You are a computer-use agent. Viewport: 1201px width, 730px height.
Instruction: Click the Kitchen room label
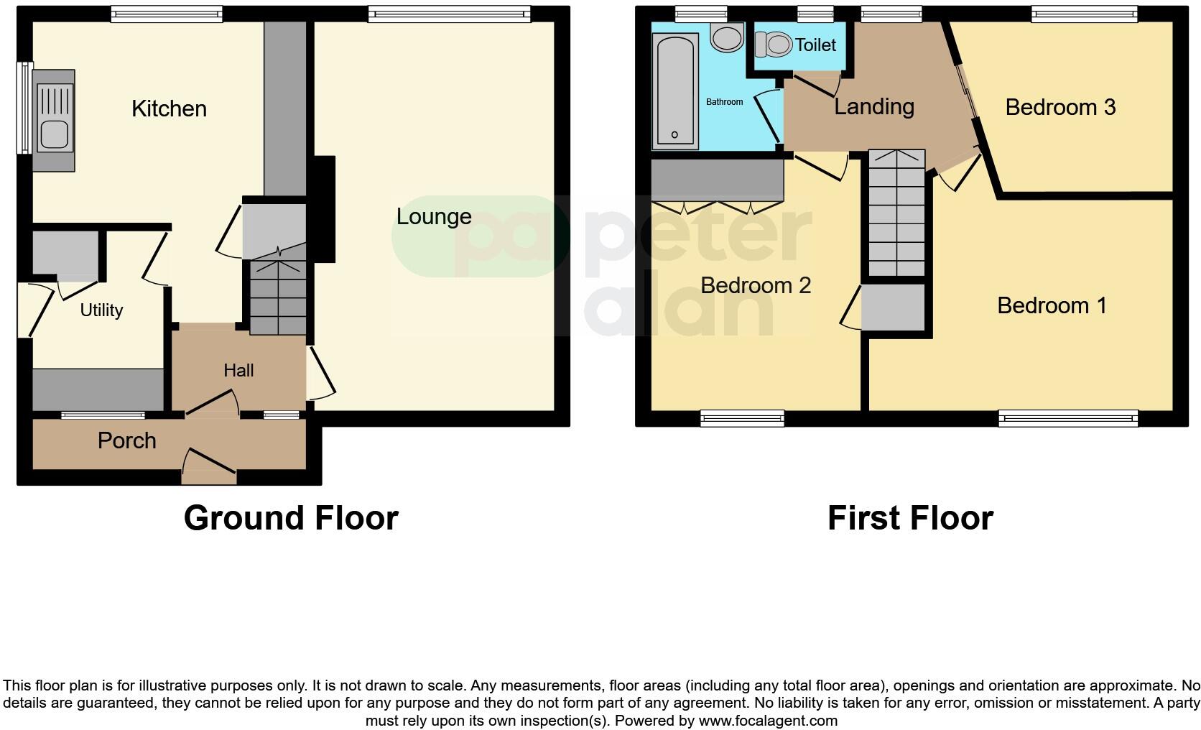pyautogui.click(x=169, y=108)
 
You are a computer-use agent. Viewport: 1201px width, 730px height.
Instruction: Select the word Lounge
pyautogui.click(x=434, y=216)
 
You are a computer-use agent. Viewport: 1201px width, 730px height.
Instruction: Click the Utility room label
pyautogui.click(x=101, y=310)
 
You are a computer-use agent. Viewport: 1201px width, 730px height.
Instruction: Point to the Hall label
pyautogui.click(x=238, y=370)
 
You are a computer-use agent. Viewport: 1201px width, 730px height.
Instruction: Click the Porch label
pyautogui.click(x=127, y=440)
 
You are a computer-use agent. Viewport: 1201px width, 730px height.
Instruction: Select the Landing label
pyautogui.click(x=873, y=106)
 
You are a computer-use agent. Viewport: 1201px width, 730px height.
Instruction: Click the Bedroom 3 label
pyautogui.click(x=1060, y=107)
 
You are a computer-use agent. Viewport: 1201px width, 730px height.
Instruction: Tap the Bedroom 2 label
pyautogui.click(x=756, y=285)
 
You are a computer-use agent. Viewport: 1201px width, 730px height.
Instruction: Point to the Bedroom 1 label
pyautogui.click(x=1052, y=305)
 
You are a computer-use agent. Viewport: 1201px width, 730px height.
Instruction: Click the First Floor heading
pyautogui.click(x=910, y=518)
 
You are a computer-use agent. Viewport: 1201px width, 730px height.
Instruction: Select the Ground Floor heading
pyautogui.click(x=291, y=518)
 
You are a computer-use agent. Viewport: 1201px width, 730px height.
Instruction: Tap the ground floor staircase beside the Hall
pyautogui.click(x=278, y=297)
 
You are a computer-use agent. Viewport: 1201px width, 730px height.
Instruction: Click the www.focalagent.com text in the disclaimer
pyautogui.click(x=768, y=720)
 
